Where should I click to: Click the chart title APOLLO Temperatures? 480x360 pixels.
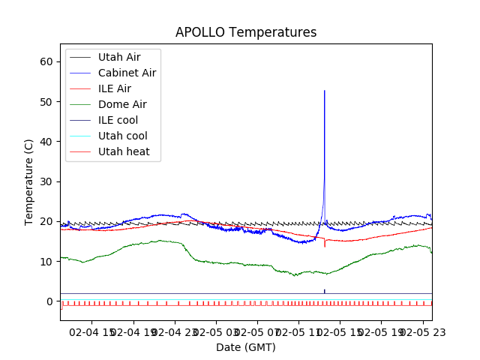click(246, 32)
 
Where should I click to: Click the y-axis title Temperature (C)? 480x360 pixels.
click(29, 181)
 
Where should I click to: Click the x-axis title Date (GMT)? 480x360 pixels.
click(246, 347)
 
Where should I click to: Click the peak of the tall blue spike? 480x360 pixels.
click(324, 91)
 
